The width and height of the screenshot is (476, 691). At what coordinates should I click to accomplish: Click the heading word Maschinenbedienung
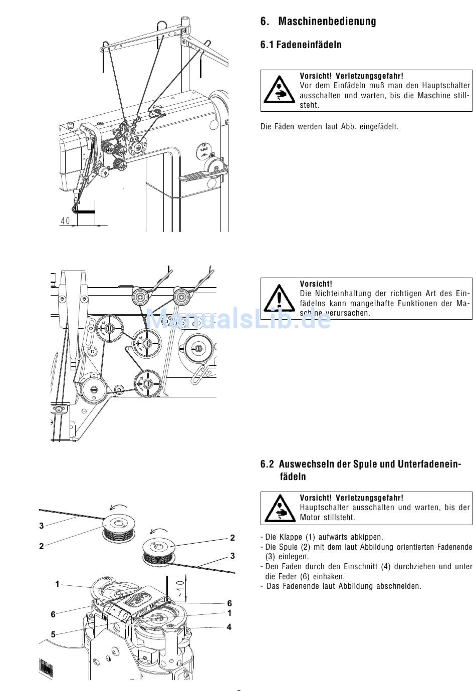pos(327,22)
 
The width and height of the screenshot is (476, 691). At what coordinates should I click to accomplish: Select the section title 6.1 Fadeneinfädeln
pos(301,45)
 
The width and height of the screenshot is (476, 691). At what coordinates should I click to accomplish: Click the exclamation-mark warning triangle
pos(279,299)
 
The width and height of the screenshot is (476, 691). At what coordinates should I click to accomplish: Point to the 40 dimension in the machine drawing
pos(65,221)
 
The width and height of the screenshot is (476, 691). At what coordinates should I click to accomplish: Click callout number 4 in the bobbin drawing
pos(229,627)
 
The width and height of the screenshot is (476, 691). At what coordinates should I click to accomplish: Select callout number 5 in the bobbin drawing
pos(53,634)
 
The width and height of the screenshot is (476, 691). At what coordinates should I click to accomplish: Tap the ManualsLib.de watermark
pos(238,319)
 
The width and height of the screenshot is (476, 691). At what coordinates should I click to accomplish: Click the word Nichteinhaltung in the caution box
pos(343,294)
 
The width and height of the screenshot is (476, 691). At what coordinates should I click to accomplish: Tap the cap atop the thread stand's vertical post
pos(185,20)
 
